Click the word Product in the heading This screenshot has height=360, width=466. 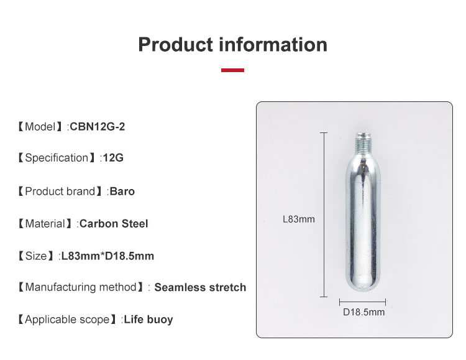point(175,45)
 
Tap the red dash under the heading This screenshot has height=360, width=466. point(232,70)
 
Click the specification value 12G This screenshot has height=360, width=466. point(113,158)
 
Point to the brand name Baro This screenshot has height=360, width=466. point(122,191)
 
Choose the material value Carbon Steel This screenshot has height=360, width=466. point(114,223)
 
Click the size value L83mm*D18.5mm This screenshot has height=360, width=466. point(107,256)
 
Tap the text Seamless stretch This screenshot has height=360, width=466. point(200,287)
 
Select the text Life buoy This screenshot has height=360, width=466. point(148,320)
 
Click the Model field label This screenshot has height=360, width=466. point(40,127)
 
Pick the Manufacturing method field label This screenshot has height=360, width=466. point(80,287)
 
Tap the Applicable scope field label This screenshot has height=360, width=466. point(67,320)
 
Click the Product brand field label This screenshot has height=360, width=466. point(60,191)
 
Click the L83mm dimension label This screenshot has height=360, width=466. point(299,219)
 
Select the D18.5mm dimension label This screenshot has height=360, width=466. point(364,312)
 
